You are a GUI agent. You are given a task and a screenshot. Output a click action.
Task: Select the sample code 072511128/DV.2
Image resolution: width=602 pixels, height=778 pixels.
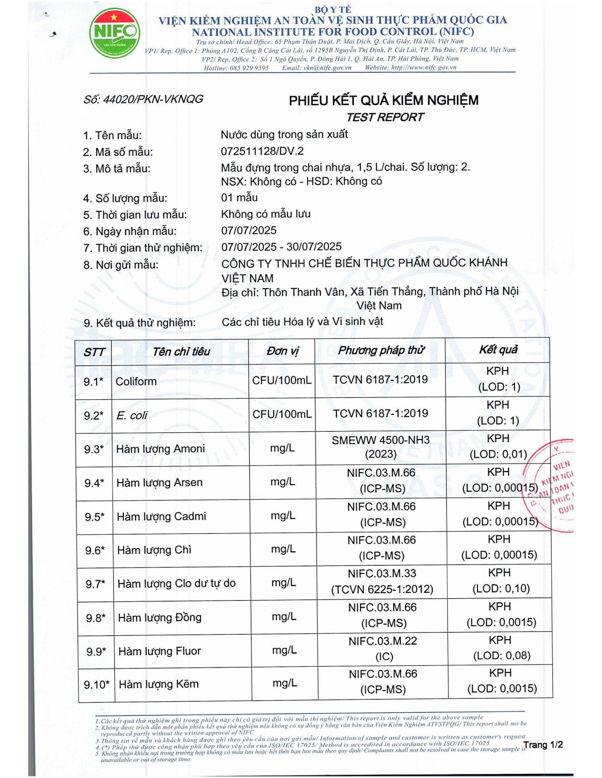pyautogui.click(x=262, y=151)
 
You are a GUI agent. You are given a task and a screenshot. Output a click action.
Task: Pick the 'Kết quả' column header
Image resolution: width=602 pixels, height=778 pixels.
pyautogui.click(x=498, y=350)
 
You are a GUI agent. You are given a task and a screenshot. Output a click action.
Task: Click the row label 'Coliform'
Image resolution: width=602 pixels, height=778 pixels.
pyautogui.click(x=136, y=381)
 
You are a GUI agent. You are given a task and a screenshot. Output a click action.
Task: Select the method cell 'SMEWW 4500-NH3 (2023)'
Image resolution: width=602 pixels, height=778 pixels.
pyautogui.click(x=381, y=447)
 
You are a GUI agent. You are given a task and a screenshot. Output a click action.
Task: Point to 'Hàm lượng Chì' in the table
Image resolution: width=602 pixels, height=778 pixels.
pyautogui.click(x=154, y=550)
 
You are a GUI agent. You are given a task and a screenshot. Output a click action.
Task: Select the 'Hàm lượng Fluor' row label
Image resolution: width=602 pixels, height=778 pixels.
pyautogui.click(x=159, y=651)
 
